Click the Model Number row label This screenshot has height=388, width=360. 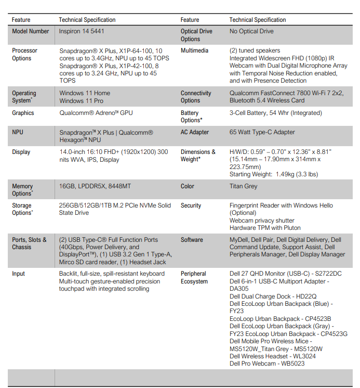pos(31,31)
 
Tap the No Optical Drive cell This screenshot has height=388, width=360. pos(251,31)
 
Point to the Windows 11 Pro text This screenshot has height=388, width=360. pos(81,101)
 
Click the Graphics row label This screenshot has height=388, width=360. pos(23,113)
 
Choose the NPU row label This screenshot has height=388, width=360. pos(18,132)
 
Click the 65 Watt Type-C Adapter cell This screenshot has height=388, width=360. pos(262,132)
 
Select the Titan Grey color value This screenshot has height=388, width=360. pos(243,186)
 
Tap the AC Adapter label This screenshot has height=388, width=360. pos(195,132)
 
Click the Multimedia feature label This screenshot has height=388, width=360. pos(194,50)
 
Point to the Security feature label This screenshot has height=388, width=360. pos(191,205)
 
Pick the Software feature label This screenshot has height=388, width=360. pos(192,240)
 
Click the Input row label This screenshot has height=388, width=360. pos(19,274)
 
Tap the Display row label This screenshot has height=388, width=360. pos(21,152)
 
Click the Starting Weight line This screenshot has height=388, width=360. pos(273,174)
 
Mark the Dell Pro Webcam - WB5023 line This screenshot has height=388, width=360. pos(267,364)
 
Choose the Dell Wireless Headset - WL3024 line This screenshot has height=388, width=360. pos(272,356)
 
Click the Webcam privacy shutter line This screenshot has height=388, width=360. pos(262,221)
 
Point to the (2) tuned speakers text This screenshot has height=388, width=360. pos(255,50)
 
